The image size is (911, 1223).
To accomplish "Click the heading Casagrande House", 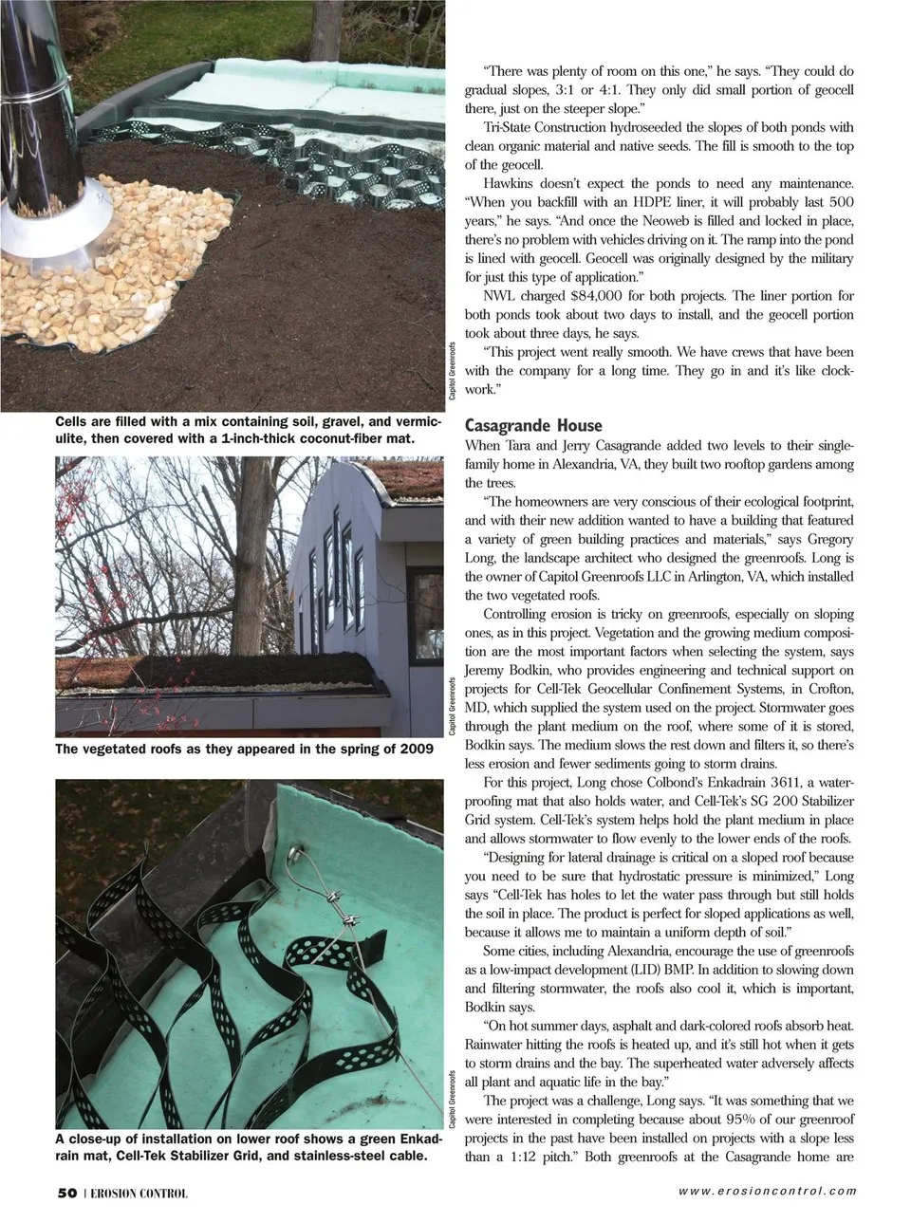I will [x=532, y=425].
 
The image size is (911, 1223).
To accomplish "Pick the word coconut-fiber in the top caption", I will [x=321, y=439].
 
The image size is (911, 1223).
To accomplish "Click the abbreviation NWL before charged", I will [x=501, y=295].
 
